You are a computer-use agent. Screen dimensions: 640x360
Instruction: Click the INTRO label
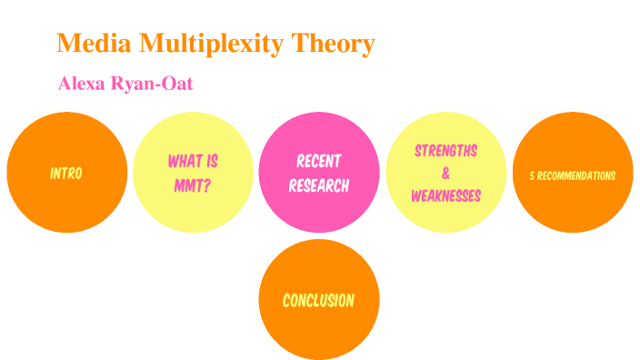(66, 173)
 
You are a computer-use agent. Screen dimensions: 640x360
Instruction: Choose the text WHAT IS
(193, 162)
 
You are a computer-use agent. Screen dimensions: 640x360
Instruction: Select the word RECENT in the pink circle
(319, 162)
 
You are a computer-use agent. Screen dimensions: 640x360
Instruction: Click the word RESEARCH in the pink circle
(319, 185)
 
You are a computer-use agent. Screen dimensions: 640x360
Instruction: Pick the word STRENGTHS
(445, 150)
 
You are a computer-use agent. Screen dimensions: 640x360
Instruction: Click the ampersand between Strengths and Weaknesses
(445, 173)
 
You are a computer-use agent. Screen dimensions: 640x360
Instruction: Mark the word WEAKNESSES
(445, 195)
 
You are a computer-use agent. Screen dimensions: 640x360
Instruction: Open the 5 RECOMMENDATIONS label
(573, 175)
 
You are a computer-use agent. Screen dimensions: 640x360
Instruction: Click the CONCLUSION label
(318, 300)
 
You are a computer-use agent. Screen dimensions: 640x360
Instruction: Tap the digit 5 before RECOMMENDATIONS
(532, 175)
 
